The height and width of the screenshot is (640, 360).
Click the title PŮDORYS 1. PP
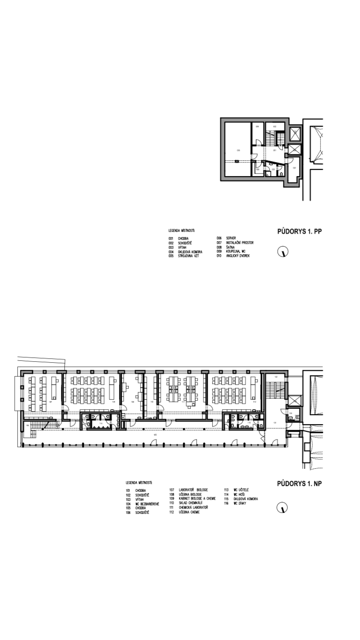[x=299, y=232]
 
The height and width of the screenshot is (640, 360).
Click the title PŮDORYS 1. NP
[x=299, y=484]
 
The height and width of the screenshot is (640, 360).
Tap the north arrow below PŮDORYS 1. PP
[x=284, y=251]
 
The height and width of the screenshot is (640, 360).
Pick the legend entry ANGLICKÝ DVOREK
[x=234, y=256]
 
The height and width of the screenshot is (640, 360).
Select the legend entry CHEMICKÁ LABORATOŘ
[x=188, y=508]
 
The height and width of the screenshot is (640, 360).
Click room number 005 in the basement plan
[x=238, y=150]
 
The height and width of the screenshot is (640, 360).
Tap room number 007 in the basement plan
[x=294, y=168]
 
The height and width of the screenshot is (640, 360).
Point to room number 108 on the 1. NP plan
[x=114, y=402]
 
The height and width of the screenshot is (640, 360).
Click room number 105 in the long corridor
[x=155, y=435]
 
